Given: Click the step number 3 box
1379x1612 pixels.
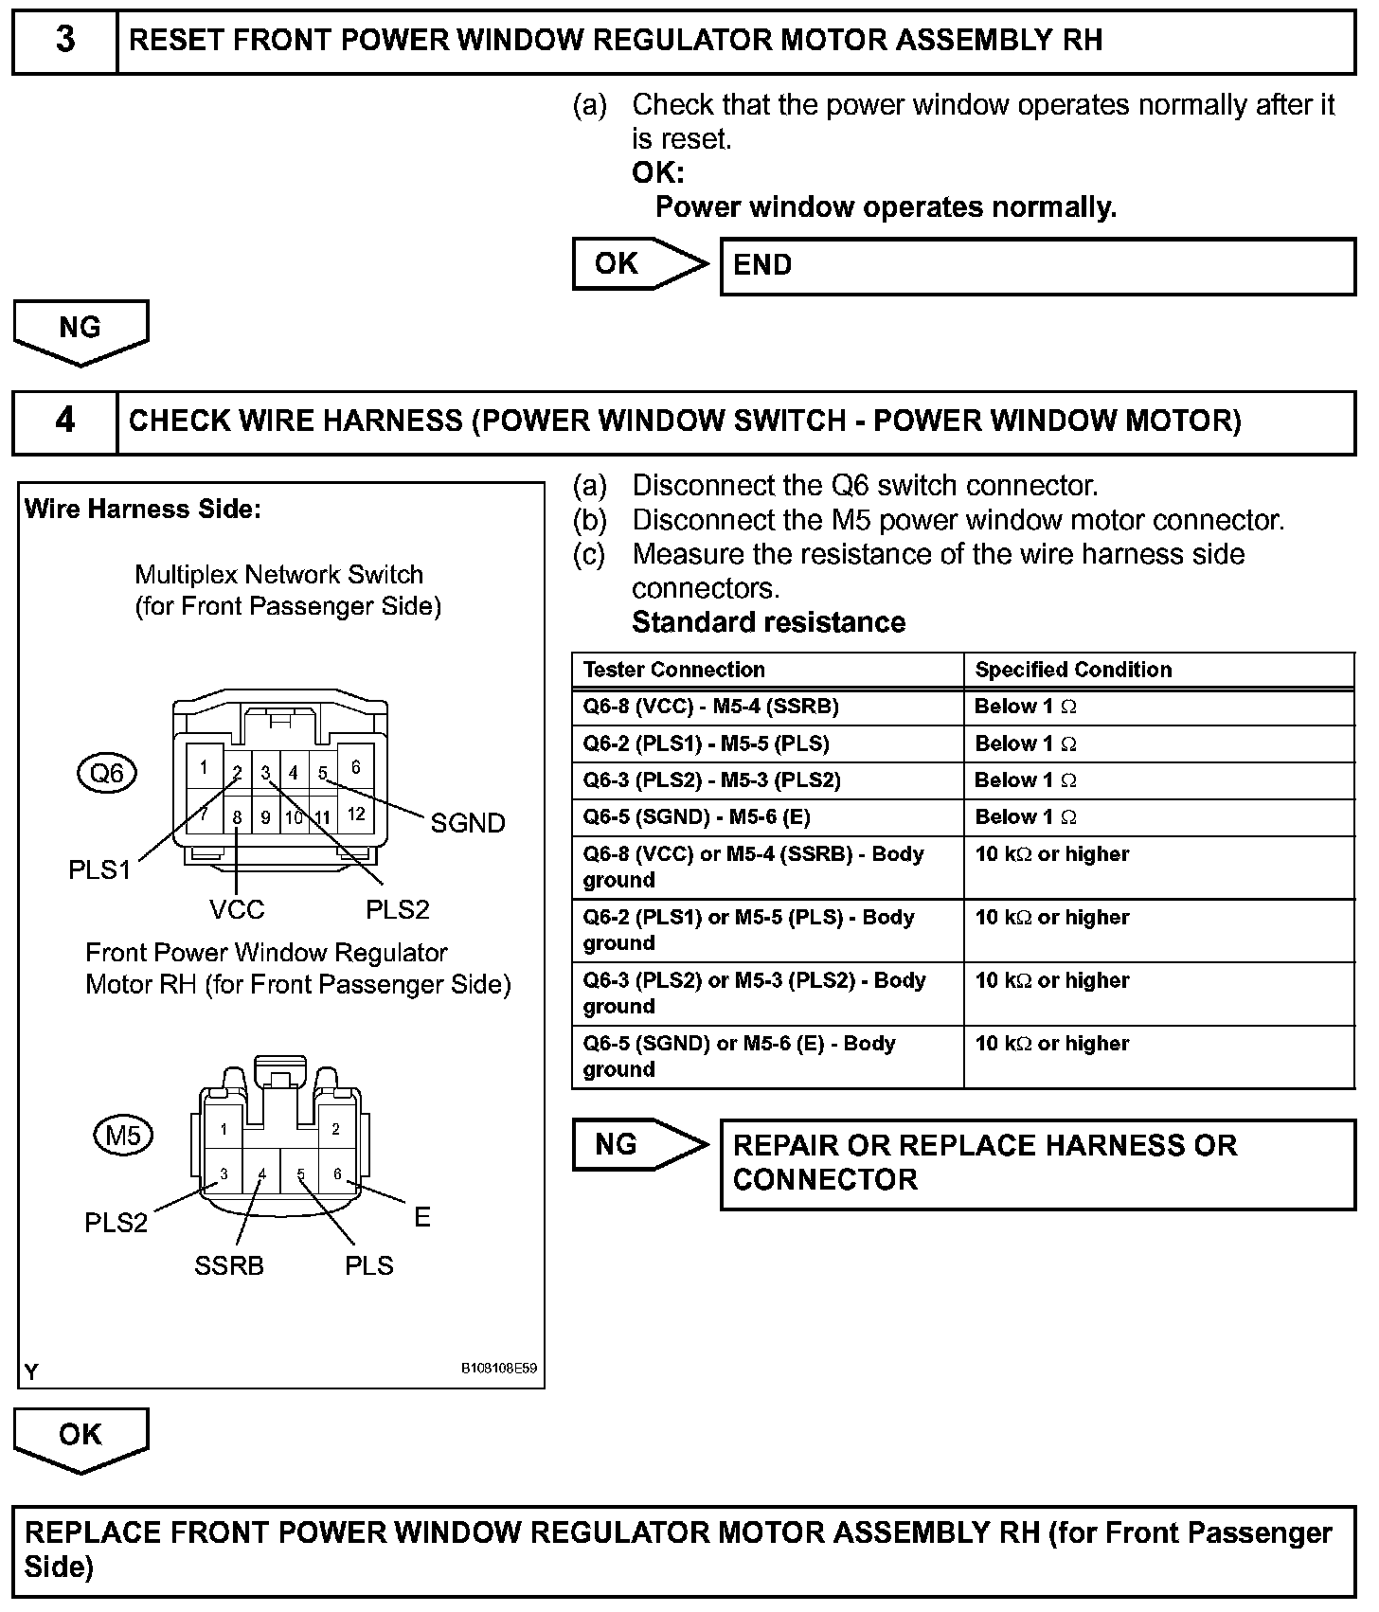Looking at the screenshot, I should click(64, 42).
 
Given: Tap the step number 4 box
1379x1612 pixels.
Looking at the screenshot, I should click(64, 421).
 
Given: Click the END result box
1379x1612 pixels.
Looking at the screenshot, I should click(1037, 266).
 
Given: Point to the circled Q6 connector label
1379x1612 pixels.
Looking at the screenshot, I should click(106, 774).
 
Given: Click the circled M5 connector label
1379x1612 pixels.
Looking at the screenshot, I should click(123, 1135).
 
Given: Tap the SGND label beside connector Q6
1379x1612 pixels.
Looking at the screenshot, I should click(467, 823).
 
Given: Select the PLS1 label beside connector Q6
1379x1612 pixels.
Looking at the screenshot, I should click(99, 869).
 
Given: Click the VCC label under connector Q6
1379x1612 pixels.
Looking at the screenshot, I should click(237, 909).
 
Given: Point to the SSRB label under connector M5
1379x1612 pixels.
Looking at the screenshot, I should click(228, 1265).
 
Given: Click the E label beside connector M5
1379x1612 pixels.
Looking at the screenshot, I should click(422, 1217).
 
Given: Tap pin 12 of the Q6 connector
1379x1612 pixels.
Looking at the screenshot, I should click(356, 814).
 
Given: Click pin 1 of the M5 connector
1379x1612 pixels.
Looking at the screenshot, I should click(224, 1129).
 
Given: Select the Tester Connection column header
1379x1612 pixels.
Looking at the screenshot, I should click(673, 670).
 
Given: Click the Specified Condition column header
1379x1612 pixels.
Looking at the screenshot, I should click(1073, 670).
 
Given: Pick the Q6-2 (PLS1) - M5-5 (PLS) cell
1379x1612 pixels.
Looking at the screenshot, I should click(706, 743).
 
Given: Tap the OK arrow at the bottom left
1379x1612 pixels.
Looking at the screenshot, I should click(81, 1436).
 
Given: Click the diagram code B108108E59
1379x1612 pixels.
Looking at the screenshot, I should click(498, 1369).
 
